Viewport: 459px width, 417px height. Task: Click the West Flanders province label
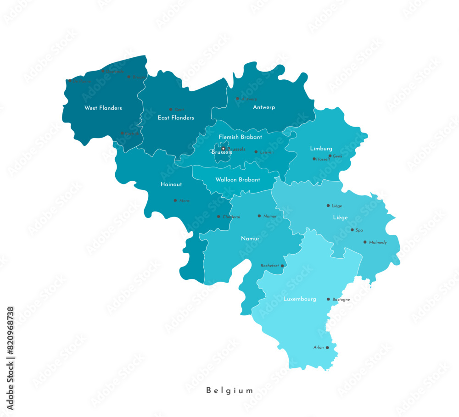[103, 108]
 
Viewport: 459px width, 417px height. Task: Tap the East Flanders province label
[176, 118]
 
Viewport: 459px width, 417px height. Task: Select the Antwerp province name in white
[264, 107]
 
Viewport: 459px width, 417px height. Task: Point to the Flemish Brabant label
[241, 137]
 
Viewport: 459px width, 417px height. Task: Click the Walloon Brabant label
[238, 180]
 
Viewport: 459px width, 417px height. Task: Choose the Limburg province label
[321, 149]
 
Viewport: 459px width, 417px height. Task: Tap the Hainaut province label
[171, 184]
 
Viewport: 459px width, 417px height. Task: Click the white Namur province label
[250, 239]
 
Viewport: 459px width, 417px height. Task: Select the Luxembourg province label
[300, 299]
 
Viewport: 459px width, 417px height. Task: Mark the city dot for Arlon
[327, 348]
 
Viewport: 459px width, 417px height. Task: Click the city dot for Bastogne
[328, 299]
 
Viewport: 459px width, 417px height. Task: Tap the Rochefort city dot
[282, 266]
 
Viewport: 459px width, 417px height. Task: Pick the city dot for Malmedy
[365, 242]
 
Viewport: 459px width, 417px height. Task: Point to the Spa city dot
[352, 230]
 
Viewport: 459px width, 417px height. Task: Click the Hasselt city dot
[314, 159]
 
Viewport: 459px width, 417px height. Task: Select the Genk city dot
[330, 156]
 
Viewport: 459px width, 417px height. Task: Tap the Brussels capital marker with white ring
[224, 149]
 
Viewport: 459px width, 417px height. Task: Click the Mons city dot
[175, 200]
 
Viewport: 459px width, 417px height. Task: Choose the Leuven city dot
[256, 152]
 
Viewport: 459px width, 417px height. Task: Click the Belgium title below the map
[229, 391]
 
